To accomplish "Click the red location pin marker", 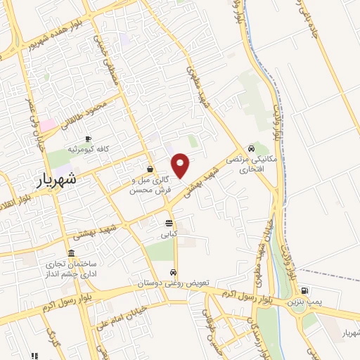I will pyautogui.click(x=181, y=165).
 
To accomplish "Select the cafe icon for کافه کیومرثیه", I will pyautogui.click(x=88, y=139).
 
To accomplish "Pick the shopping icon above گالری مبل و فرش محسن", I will pyautogui.click(x=150, y=169).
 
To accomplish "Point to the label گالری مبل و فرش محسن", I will pyautogui.click(x=151, y=185).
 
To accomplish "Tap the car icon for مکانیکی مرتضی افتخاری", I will pyautogui.click(x=251, y=149).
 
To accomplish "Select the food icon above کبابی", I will pyautogui.click(x=169, y=223).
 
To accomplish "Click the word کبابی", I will pyautogui.click(x=169, y=233).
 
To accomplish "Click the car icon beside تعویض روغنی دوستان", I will pyautogui.click(x=173, y=272).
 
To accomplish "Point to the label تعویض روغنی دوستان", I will pyautogui.click(x=187, y=282).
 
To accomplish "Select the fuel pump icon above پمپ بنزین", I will pyautogui.click(x=304, y=290).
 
